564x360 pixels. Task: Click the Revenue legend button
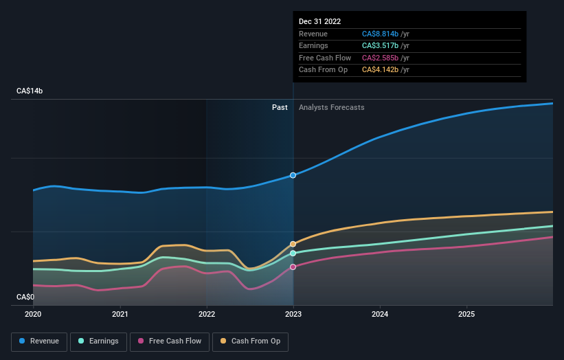coord(40,341)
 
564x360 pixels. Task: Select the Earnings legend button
coord(98,341)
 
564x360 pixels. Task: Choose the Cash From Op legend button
coord(251,341)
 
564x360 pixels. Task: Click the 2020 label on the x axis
coord(33,314)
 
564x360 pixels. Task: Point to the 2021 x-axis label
coord(120,314)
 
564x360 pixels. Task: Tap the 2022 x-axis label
coord(207,314)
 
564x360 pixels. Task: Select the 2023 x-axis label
coord(293,314)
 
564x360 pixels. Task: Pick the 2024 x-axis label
coord(380,314)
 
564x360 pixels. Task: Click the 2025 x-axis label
coord(466,314)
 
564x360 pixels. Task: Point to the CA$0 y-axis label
coord(26,297)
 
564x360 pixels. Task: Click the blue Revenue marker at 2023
coord(293,175)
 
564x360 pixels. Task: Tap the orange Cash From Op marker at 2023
coord(293,244)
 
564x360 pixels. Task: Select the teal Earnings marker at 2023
coord(293,253)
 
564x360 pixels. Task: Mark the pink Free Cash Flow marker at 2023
coord(293,267)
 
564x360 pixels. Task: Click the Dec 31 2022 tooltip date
coord(319,22)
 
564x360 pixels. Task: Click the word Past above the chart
coord(280,107)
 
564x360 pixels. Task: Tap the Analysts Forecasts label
coord(331,107)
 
